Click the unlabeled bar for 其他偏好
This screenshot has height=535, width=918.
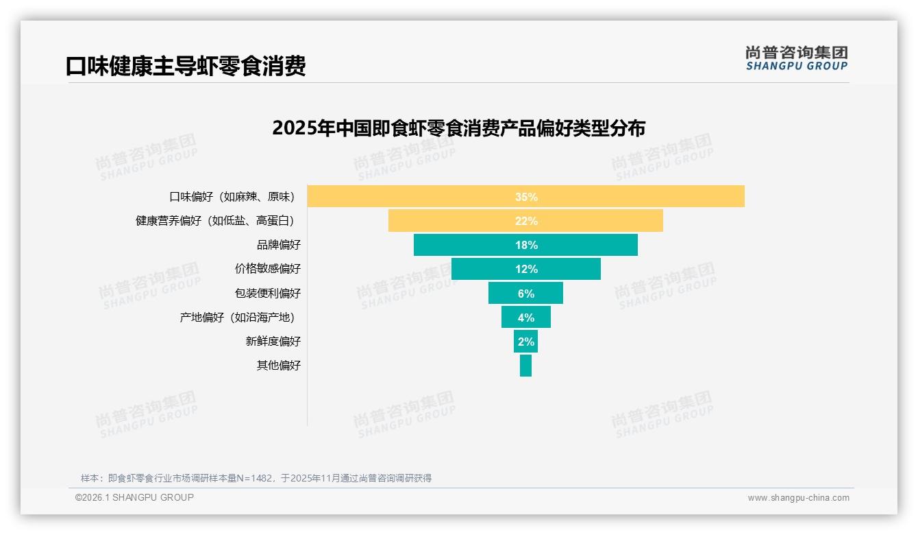point(525,366)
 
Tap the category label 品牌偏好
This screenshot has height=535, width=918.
point(278,245)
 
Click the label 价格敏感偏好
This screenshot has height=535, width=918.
point(267,269)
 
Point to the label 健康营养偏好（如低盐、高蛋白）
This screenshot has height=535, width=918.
point(218,221)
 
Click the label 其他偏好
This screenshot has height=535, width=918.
point(278,366)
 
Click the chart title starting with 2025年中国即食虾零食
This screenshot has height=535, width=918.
point(458,129)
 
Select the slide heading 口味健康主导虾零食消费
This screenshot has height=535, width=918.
point(185,67)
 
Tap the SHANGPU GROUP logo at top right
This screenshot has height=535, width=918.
point(796,58)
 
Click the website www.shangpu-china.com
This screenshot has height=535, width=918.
point(798,498)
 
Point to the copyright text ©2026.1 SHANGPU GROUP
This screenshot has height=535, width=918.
point(134,497)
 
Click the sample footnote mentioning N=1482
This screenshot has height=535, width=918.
point(256,478)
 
